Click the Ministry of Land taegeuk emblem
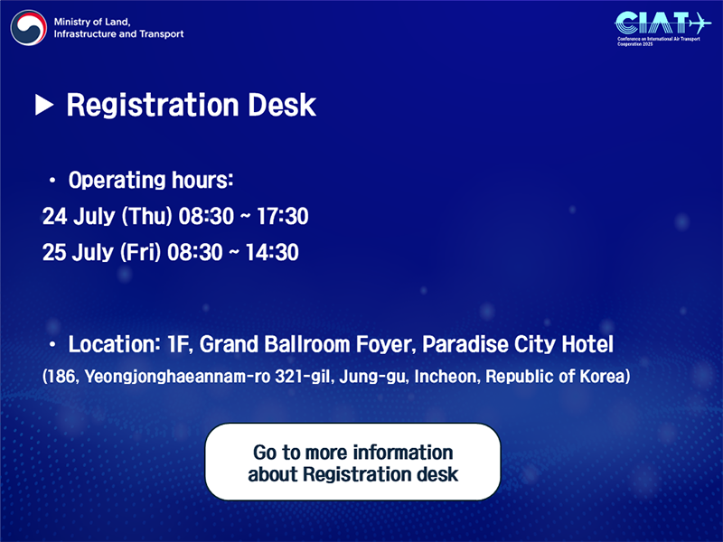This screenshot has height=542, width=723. pos(29,28)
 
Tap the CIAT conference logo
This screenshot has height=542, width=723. pos(662,29)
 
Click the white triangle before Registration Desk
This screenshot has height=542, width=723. pos(44,105)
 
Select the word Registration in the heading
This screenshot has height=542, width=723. pos(153,106)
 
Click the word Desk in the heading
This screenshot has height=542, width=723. pos(282,105)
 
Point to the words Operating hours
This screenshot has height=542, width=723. pos(151,180)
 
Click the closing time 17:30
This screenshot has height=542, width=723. pos(282,216)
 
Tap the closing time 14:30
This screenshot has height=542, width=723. pos(272,252)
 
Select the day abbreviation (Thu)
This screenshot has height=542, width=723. pos(147,217)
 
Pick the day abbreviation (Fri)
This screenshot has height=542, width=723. pos(141,253)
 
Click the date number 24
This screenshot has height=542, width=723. pos(55,216)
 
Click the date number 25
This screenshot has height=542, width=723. pos(55,252)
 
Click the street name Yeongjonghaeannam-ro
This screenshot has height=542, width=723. pos(177,377)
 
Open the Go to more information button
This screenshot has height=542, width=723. pos(352,462)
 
